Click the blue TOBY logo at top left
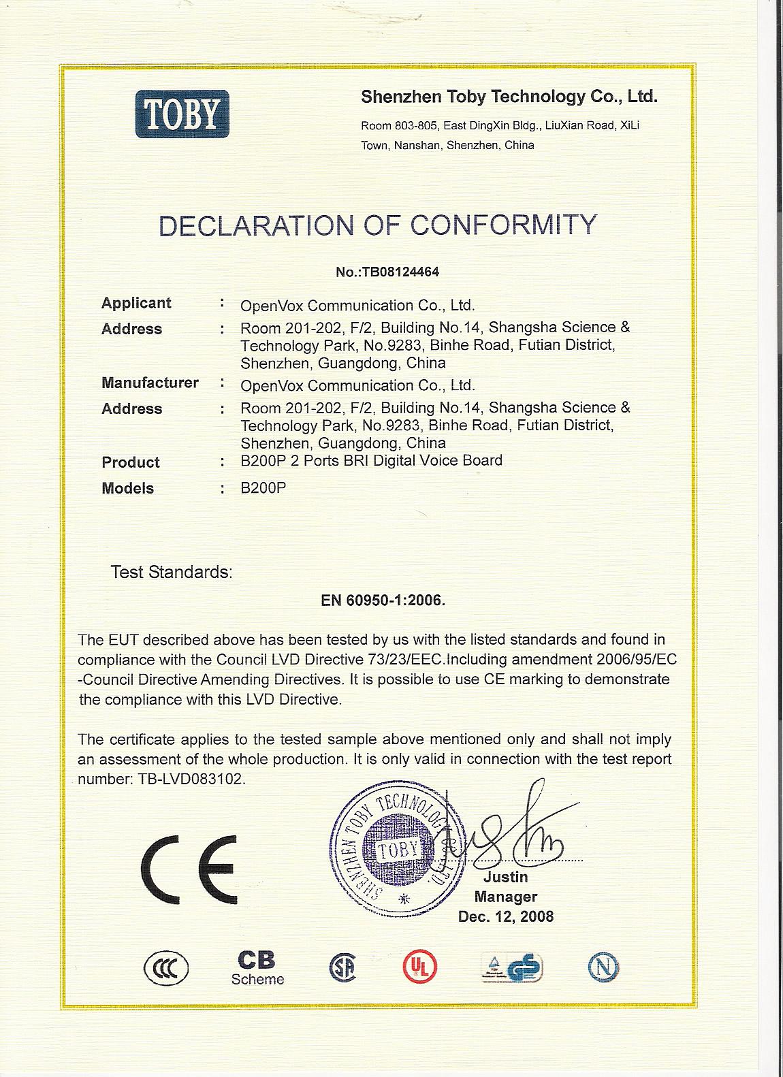[x=182, y=114]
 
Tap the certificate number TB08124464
[x=387, y=272]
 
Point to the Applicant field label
[x=136, y=303]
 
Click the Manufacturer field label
[x=150, y=383]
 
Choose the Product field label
[x=130, y=462]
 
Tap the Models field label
[x=127, y=488]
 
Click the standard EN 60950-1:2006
[x=383, y=600]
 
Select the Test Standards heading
[x=172, y=572]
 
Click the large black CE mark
[x=189, y=869]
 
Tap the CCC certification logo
[x=166, y=967]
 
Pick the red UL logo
[x=419, y=966]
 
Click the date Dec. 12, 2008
[x=506, y=916]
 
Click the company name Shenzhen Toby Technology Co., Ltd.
[x=509, y=97]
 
